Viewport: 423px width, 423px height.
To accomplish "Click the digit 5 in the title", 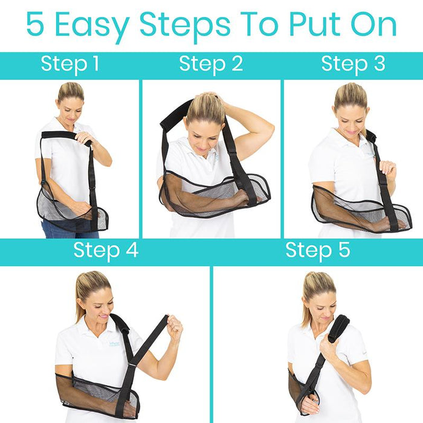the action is pos(35,24).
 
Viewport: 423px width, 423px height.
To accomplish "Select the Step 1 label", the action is pos(70,65).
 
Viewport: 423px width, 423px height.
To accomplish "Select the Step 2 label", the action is pos(211,65).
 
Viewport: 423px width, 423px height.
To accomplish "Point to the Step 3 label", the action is pos(354,65).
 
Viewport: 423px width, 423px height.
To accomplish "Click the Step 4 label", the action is pos(106,251).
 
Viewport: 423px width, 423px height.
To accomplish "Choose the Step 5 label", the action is pos(318,251).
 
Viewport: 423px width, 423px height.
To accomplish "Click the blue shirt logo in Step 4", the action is pos(114,344).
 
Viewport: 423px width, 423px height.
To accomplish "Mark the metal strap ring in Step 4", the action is pos(132,366).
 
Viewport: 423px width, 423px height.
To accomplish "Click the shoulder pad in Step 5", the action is pos(338,328).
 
